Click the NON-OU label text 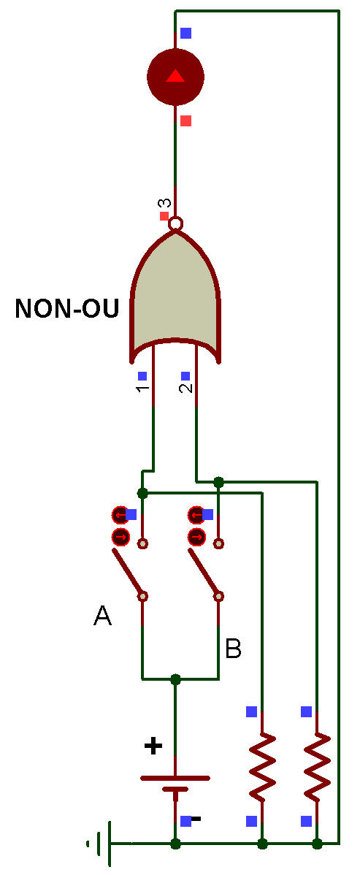pyautogui.click(x=67, y=308)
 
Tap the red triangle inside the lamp pyautogui.click(x=175, y=75)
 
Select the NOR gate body pyautogui.click(x=175, y=296)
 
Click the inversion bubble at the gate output pyautogui.click(x=175, y=223)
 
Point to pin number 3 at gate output pyautogui.click(x=169, y=203)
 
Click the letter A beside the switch pyautogui.click(x=102, y=616)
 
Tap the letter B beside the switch pyautogui.click(x=233, y=649)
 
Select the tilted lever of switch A pyautogui.click(x=128, y=573)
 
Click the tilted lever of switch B pyautogui.click(x=204, y=573)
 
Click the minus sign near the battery pyautogui.click(x=196, y=819)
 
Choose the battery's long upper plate pyautogui.click(x=175, y=777)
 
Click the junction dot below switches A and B pyautogui.click(x=176, y=679)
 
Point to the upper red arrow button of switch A pyautogui.click(x=120, y=514)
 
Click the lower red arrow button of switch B pyautogui.click(x=196, y=538)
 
